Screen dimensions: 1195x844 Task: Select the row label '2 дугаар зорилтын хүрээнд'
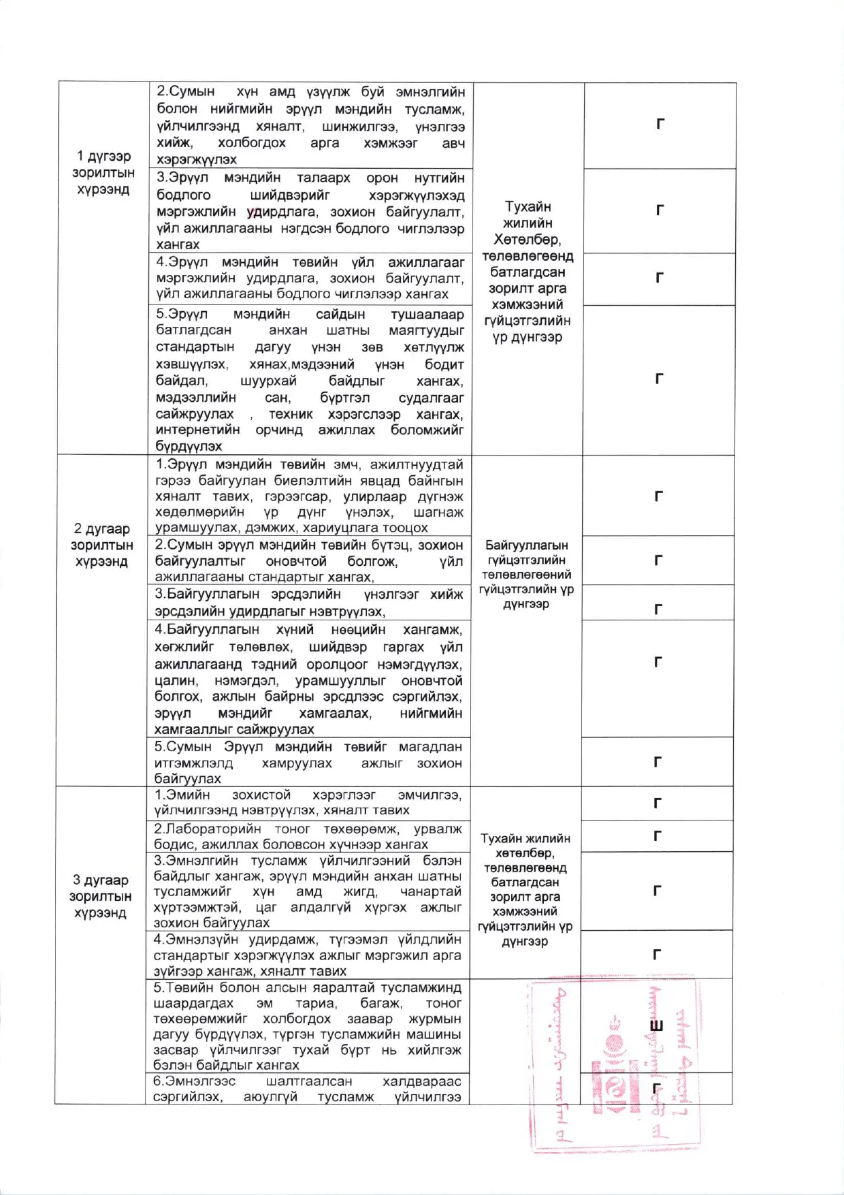(x=101, y=545)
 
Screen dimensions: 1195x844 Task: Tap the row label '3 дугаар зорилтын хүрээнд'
(x=100, y=896)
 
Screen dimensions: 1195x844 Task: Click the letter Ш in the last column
(x=656, y=1027)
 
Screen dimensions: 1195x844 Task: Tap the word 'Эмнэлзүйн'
(x=208, y=939)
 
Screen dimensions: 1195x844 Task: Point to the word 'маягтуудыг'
(x=426, y=330)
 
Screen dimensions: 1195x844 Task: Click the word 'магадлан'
(x=429, y=746)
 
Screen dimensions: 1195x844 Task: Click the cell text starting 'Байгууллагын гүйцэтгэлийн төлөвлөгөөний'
(x=527, y=574)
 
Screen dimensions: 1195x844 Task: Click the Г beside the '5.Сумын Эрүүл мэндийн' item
(x=658, y=762)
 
